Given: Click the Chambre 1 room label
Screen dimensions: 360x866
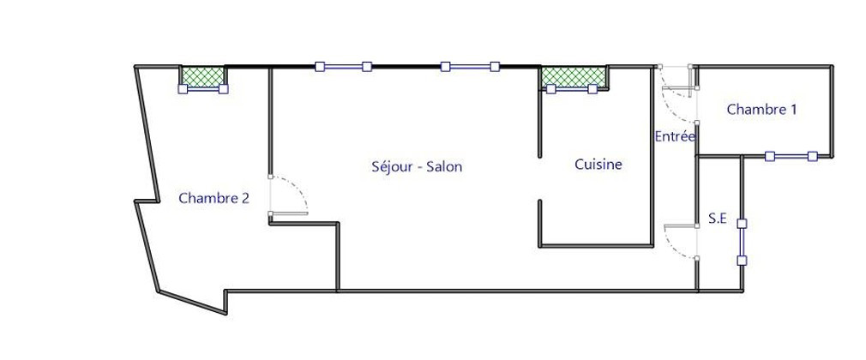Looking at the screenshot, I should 761,110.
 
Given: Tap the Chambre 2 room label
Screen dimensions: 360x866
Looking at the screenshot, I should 213,198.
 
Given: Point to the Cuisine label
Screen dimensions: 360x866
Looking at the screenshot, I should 598,165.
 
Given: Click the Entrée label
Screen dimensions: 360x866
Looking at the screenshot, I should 675,136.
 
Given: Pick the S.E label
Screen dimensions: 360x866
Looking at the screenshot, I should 717,219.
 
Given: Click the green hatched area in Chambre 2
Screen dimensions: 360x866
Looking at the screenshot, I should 203,76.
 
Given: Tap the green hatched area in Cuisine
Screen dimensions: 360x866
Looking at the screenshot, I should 574,77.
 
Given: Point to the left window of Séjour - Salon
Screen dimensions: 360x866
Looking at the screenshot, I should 343,66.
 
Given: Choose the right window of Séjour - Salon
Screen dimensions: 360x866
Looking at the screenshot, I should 470,66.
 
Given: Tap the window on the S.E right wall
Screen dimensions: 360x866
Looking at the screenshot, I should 743,242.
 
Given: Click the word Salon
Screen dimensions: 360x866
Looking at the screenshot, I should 444,167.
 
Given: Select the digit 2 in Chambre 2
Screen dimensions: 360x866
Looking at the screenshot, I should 245,198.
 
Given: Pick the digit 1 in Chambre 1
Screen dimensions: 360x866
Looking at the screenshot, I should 793,110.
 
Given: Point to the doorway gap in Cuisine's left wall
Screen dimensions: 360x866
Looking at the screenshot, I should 539,178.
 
